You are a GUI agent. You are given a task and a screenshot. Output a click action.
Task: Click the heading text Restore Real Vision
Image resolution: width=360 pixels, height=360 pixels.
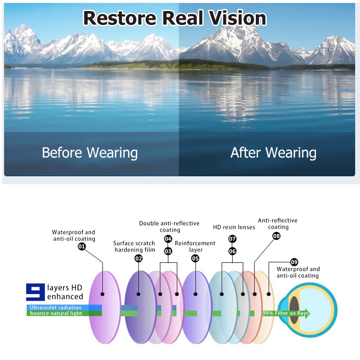[174, 18]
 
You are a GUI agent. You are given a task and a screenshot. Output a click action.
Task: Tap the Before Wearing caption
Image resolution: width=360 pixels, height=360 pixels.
[90, 152]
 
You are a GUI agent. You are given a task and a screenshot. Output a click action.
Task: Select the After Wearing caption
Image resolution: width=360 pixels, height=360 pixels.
[273, 152]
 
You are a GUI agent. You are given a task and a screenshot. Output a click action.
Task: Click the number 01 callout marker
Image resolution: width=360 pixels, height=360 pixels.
[82, 246]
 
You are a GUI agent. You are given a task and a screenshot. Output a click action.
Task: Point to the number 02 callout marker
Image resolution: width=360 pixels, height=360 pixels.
[138, 258]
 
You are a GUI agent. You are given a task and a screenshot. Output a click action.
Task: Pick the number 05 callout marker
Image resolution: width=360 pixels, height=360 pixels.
[195, 258]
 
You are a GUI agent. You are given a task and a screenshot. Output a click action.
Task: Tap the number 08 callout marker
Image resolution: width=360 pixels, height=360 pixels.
[276, 236]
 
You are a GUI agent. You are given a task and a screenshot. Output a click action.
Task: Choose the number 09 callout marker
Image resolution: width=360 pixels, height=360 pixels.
[294, 262]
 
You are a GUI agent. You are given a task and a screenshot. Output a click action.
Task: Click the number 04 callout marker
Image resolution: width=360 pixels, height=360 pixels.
[168, 239]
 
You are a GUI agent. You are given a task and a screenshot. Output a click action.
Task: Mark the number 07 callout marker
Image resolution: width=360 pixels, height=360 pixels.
[233, 239]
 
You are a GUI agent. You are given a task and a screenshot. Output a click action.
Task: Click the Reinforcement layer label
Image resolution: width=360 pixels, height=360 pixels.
[195, 246]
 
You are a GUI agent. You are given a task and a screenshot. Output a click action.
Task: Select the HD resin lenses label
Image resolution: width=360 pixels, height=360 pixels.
[234, 227]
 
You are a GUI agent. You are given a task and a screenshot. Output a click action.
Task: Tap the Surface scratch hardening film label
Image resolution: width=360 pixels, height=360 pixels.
[134, 246]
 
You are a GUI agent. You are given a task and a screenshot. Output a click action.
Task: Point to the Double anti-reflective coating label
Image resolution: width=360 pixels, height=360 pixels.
[169, 227]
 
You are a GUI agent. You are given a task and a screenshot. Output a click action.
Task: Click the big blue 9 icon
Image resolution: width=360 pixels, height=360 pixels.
[35, 292]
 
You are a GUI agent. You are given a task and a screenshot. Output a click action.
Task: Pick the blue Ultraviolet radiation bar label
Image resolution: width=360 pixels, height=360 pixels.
[55, 307]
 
